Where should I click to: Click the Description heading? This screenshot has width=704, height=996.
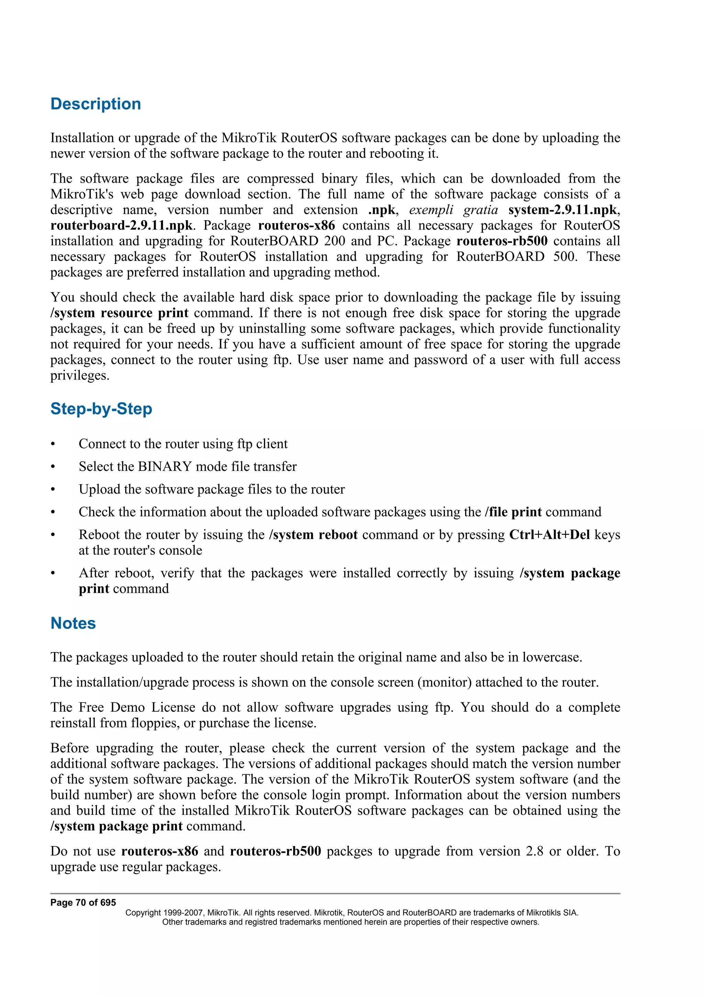pos(96,104)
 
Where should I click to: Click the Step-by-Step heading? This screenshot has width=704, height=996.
pos(101,409)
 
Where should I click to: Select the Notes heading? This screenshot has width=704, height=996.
pos(73,623)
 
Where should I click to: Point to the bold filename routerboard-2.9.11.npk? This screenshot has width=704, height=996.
pos(121,225)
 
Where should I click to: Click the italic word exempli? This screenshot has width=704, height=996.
pos(431,210)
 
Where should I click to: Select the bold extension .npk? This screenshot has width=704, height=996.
pos(381,210)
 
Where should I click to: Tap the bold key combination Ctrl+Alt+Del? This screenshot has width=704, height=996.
pos(549,534)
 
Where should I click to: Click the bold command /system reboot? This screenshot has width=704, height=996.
pos(313,534)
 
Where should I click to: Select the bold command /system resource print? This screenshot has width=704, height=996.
pos(119,313)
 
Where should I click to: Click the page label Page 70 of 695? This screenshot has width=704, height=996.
pos(83,903)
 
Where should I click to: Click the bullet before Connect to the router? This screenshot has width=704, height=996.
pos(53,444)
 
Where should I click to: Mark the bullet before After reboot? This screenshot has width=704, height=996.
pos(53,574)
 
